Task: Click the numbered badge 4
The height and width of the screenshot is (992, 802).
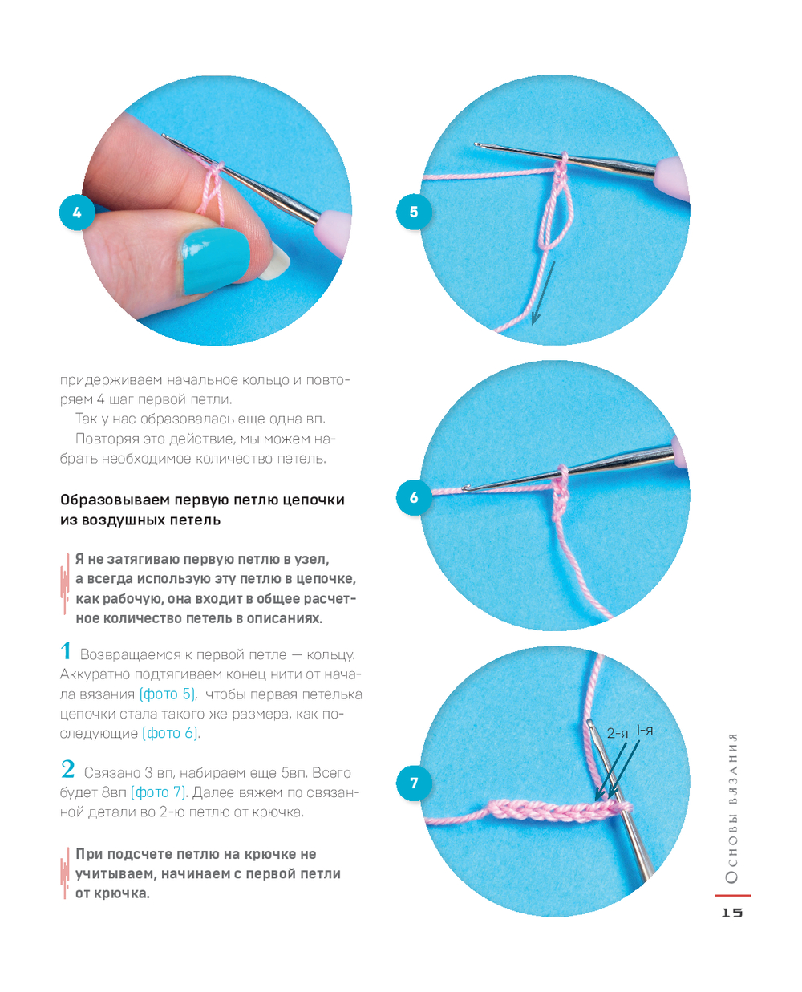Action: pos(77,213)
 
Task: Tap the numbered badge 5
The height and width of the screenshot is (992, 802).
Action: pos(414,212)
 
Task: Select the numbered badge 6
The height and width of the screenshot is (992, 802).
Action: pos(414,497)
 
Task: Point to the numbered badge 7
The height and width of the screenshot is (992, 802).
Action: pos(414,783)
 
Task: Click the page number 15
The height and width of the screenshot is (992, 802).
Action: pos(731,913)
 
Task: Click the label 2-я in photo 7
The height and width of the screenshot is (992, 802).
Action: pos(617,734)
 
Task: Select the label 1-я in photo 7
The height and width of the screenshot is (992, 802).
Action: pos(645,731)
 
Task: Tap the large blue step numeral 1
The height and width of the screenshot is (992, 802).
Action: pos(66,650)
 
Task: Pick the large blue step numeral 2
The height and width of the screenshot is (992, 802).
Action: pos(67,768)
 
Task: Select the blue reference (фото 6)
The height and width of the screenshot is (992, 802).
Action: pos(171,734)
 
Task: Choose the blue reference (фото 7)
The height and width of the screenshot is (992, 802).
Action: pos(158,792)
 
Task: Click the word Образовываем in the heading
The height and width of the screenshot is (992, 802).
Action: pos(115,500)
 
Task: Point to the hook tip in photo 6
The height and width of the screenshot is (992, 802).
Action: pos(465,488)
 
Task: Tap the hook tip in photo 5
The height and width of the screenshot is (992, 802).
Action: pos(477,145)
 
